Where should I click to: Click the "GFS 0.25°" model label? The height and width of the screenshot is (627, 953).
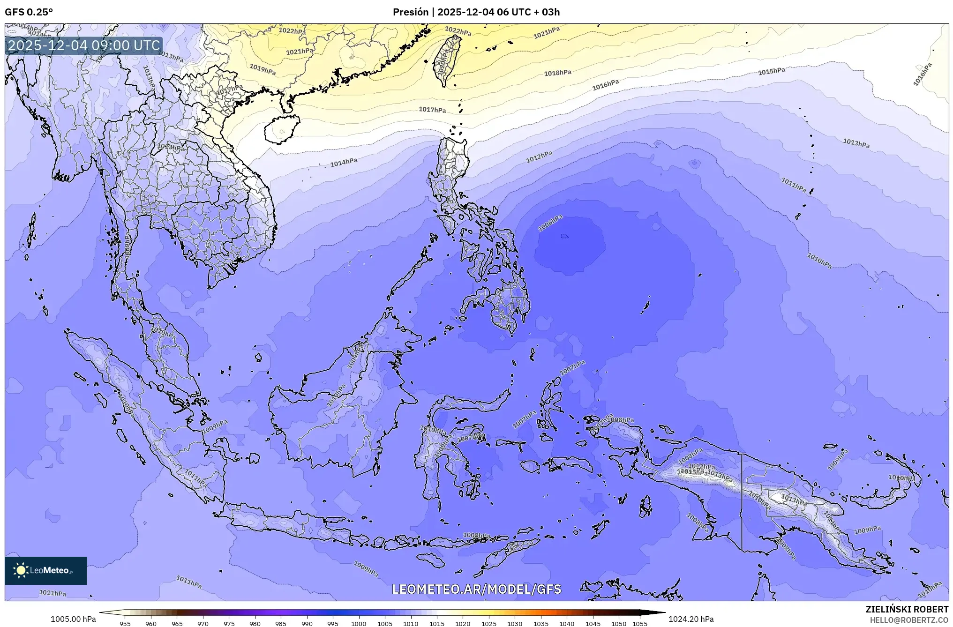tap(29, 12)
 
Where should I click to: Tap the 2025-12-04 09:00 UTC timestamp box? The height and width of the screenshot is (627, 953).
tap(84, 45)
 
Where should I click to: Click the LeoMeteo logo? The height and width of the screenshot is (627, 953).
tap(46, 570)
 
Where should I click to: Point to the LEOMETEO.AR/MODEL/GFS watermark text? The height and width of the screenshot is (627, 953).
tap(476, 589)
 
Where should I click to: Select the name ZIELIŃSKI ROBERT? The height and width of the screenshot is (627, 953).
tap(907, 609)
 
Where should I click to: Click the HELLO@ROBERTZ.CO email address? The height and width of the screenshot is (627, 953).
tap(909, 620)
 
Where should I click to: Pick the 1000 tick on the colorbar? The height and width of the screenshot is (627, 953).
tap(359, 623)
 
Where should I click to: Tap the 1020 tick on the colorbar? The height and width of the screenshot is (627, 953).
tap(463, 623)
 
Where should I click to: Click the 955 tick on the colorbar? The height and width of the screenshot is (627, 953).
tap(125, 623)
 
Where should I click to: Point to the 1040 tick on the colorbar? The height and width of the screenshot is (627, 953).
tap(567, 623)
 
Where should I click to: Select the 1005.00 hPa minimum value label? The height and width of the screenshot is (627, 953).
tap(73, 619)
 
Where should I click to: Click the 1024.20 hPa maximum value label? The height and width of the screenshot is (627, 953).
tap(690, 619)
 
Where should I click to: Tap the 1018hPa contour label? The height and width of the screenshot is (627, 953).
tap(557, 73)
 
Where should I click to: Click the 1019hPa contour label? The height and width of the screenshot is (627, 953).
tap(263, 70)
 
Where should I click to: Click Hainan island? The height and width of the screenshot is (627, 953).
tap(281, 129)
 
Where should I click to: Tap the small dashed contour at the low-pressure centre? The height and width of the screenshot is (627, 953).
tap(565, 236)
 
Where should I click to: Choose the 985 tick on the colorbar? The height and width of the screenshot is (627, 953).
tap(281, 623)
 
